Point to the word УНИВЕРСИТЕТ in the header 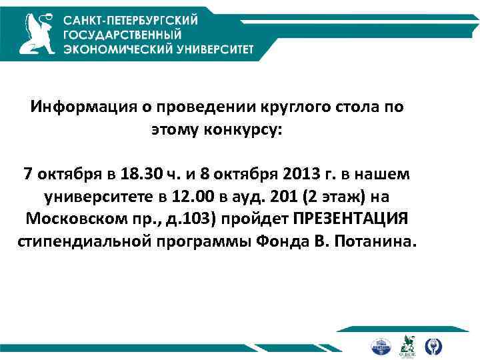click(211, 49)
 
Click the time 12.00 click(191, 197)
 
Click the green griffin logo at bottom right click(407, 346)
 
